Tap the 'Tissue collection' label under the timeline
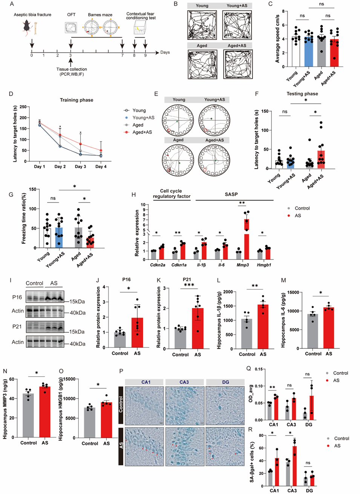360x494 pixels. click(x=72, y=69)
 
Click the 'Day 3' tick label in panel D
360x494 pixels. click(x=80, y=167)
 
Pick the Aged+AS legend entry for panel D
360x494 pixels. click(x=142, y=132)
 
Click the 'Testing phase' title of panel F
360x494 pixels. click(x=302, y=94)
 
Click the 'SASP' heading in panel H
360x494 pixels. click(x=231, y=195)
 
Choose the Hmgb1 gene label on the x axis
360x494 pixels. click(x=264, y=265)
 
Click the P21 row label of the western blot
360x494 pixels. click(x=17, y=327)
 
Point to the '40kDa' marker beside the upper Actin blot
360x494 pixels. click(x=77, y=313)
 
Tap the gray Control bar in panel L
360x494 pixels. click(x=247, y=333)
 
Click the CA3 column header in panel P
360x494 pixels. click(x=184, y=382)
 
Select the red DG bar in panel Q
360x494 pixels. click(x=312, y=408)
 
